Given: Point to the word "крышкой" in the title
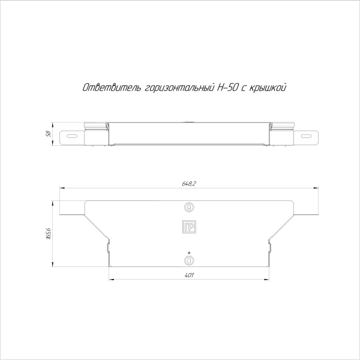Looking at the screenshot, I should click(x=267, y=88).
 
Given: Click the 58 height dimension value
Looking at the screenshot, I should click(x=48, y=133).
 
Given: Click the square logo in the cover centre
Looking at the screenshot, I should click(x=189, y=227).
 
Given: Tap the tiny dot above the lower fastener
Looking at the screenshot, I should click(x=189, y=252).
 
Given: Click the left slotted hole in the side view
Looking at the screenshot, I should click(x=71, y=137).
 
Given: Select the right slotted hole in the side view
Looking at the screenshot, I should click(x=307, y=137).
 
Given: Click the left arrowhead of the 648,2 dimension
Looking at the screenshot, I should click(x=59, y=188).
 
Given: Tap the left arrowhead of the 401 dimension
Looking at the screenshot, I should click(x=110, y=279).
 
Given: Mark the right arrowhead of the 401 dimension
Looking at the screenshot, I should click(x=268, y=279).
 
